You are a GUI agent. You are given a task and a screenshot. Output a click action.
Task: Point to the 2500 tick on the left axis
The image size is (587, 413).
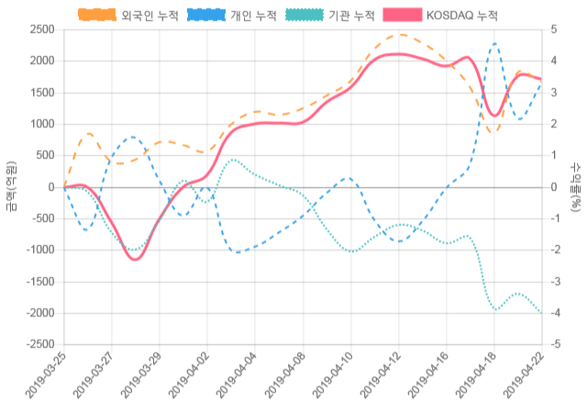41,29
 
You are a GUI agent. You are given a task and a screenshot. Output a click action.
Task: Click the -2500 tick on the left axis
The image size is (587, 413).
39,344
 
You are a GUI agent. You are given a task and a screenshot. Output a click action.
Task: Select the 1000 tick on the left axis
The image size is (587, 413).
41,124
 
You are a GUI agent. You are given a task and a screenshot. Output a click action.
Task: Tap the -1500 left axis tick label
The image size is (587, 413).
39,282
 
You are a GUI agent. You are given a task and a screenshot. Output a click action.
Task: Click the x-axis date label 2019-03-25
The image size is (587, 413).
46,378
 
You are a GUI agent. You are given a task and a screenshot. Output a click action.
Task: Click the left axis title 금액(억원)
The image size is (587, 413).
10,186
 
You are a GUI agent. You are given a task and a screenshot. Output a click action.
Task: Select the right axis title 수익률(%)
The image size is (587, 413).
576,186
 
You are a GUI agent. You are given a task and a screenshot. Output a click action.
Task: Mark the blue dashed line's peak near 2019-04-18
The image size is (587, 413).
494,43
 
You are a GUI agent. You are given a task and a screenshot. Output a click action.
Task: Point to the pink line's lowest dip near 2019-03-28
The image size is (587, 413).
136,260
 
